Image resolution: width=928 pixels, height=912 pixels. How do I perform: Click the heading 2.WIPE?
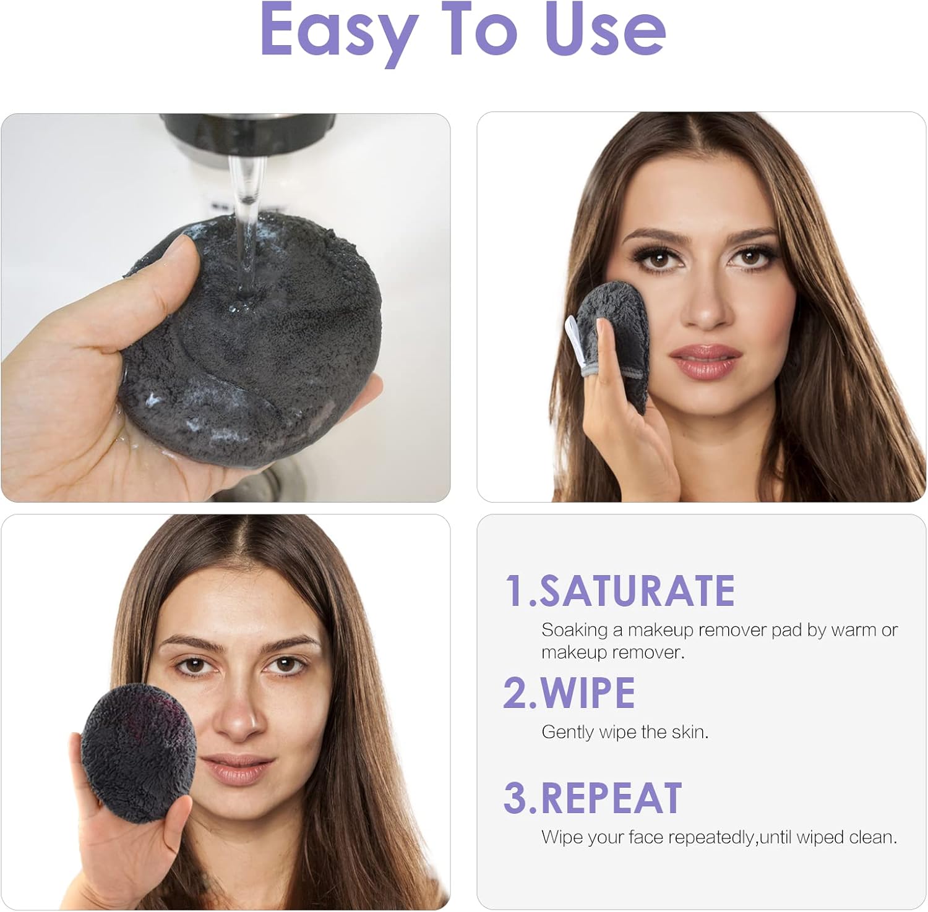pyautogui.click(x=569, y=693)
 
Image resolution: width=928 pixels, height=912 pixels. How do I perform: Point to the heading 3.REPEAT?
pyautogui.click(x=593, y=798)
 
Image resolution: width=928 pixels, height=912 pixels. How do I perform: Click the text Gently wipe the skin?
pyautogui.click(x=625, y=732)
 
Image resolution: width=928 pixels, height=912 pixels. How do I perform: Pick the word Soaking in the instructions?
pyautogui.click(x=574, y=630)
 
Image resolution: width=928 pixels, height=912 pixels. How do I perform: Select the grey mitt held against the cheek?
pyautogui.click(x=619, y=334)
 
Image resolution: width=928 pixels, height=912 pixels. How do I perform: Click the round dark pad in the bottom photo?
pyautogui.click(x=139, y=751)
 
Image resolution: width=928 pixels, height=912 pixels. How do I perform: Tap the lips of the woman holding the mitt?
pyautogui.click(x=705, y=362)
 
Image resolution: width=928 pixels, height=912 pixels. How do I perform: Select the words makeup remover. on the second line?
pyautogui.click(x=612, y=652)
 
